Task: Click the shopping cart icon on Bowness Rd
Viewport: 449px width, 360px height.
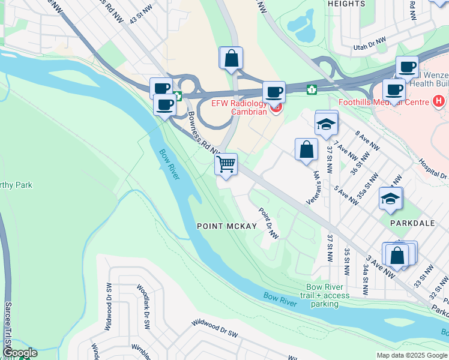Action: click(226, 164)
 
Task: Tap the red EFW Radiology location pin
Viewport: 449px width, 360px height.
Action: click(276, 108)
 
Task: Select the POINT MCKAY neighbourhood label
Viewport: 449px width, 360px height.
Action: click(227, 226)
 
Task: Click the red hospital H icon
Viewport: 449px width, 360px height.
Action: click(439, 101)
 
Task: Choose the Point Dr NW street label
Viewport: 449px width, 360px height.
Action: click(268, 224)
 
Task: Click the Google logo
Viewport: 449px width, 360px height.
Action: click(20, 353)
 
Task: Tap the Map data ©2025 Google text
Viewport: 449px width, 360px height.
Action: click(411, 355)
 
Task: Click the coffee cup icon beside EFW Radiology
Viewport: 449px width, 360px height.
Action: click(274, 92)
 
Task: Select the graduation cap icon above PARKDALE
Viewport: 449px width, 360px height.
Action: click(390, 199)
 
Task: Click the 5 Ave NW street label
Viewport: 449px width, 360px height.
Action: click(346, 196)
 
